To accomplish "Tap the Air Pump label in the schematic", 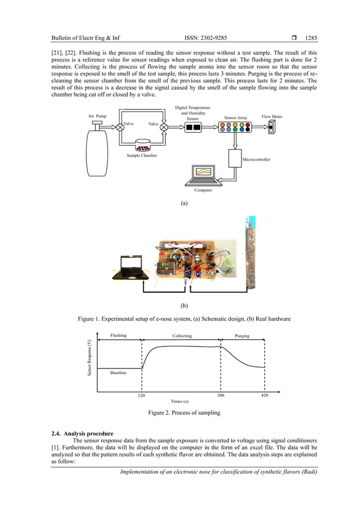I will pos(97,116).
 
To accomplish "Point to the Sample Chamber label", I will pos(142,155).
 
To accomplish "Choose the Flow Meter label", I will pos(272,116).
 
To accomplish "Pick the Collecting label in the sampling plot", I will pos(182,336).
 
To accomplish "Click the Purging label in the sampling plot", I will pos(242,336).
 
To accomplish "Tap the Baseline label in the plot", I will pos(118,373).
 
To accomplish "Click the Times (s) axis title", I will pos(181,401).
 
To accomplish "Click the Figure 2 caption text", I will pos(184,413).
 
